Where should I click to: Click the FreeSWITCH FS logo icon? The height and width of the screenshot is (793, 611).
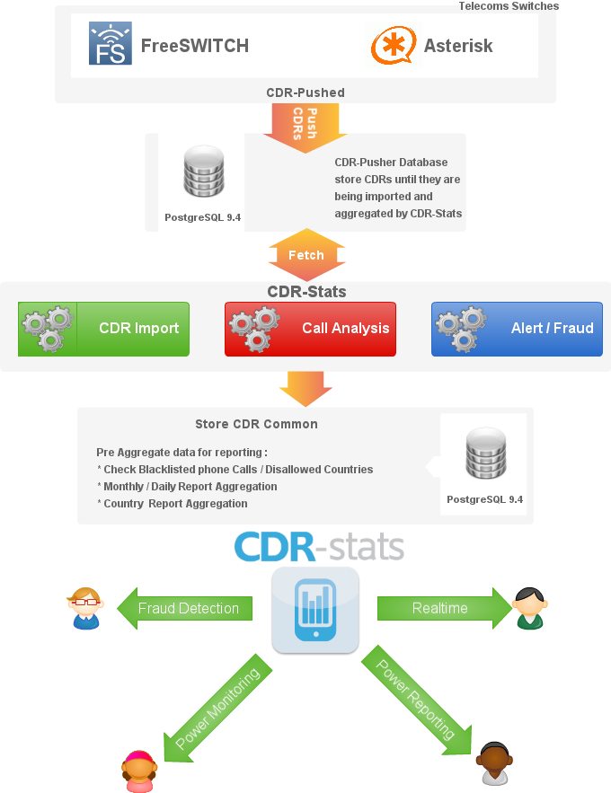(x=111, y=44)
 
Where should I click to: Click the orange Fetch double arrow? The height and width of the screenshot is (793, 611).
(x=306, y=255)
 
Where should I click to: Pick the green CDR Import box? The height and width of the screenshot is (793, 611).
(x=104, y=329)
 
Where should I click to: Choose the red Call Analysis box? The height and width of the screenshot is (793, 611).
(x=310, y=329)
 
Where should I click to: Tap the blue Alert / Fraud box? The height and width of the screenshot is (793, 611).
(x=517, y=329)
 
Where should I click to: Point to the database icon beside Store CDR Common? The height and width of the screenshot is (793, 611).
(x=484, y=455)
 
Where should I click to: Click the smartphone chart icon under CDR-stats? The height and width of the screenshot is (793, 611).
(x=315, y=608)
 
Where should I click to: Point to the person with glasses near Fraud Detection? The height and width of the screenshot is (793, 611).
(x=85, y=608)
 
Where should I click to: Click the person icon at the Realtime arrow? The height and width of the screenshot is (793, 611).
(x=528, y=608)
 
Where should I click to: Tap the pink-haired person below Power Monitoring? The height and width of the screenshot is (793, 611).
(x=138, y=771)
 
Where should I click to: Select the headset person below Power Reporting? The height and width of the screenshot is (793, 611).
(x=493, y=765)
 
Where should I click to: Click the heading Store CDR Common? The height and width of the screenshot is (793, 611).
(x=256, y=424)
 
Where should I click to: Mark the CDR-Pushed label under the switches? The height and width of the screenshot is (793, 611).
(x=305, y=93)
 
